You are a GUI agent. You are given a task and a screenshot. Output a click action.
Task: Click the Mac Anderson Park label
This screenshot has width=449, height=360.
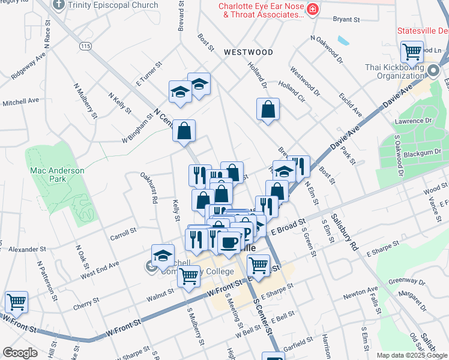pyautogui.click(x=57, y=175)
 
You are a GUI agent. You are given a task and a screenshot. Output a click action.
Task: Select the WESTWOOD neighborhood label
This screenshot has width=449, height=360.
pyautogui.click(x=248, y=52)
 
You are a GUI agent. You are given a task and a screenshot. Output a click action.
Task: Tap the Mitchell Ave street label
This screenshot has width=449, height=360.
pyautogui.click(x=21, y=103)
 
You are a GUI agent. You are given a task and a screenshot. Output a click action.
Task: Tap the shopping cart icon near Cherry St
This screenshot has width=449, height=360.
pyautogui.click(x=16, y=302)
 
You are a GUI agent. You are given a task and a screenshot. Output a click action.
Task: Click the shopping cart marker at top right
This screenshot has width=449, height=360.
pyautogui.click(x=412, y=52)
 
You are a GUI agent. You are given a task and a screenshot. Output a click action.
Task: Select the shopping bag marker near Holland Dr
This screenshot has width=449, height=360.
pyautogui.click(x=268, y=109)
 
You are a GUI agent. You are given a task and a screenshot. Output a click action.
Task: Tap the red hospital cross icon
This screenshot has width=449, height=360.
pyautogui.click(x=312, y=9)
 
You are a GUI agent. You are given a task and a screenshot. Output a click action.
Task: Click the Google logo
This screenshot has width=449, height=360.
pyautogui.click(x=19, y=353)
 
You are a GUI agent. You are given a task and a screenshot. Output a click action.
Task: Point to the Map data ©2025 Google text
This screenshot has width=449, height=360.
pyautogui.click(x=412, y=355)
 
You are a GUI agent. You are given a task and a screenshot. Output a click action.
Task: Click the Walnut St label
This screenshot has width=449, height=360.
pyautogui.click(x=161, y=292)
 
